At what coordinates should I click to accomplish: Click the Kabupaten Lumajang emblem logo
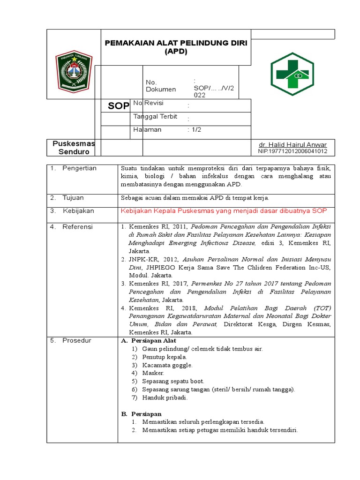coord(74,71)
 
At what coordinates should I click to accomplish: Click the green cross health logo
coord(292,74)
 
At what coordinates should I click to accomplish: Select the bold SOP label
coord(118,106)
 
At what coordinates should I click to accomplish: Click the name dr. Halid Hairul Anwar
coord(292,144)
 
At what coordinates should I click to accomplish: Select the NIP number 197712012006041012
coord(292,151)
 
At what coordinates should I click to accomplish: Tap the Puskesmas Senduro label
coord(74,148)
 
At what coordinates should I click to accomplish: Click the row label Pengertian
coord(79,168)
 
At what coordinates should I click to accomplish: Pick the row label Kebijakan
coord(78,211)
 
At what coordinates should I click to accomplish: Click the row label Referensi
coord(77,227)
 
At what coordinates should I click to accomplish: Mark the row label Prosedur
coord(76,341)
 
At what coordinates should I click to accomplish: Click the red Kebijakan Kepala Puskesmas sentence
coord(224,211)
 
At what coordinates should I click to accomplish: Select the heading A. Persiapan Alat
coord(149,341)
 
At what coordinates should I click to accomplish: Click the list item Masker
coord(153,373)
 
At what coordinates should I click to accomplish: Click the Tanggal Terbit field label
coord(155,117)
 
